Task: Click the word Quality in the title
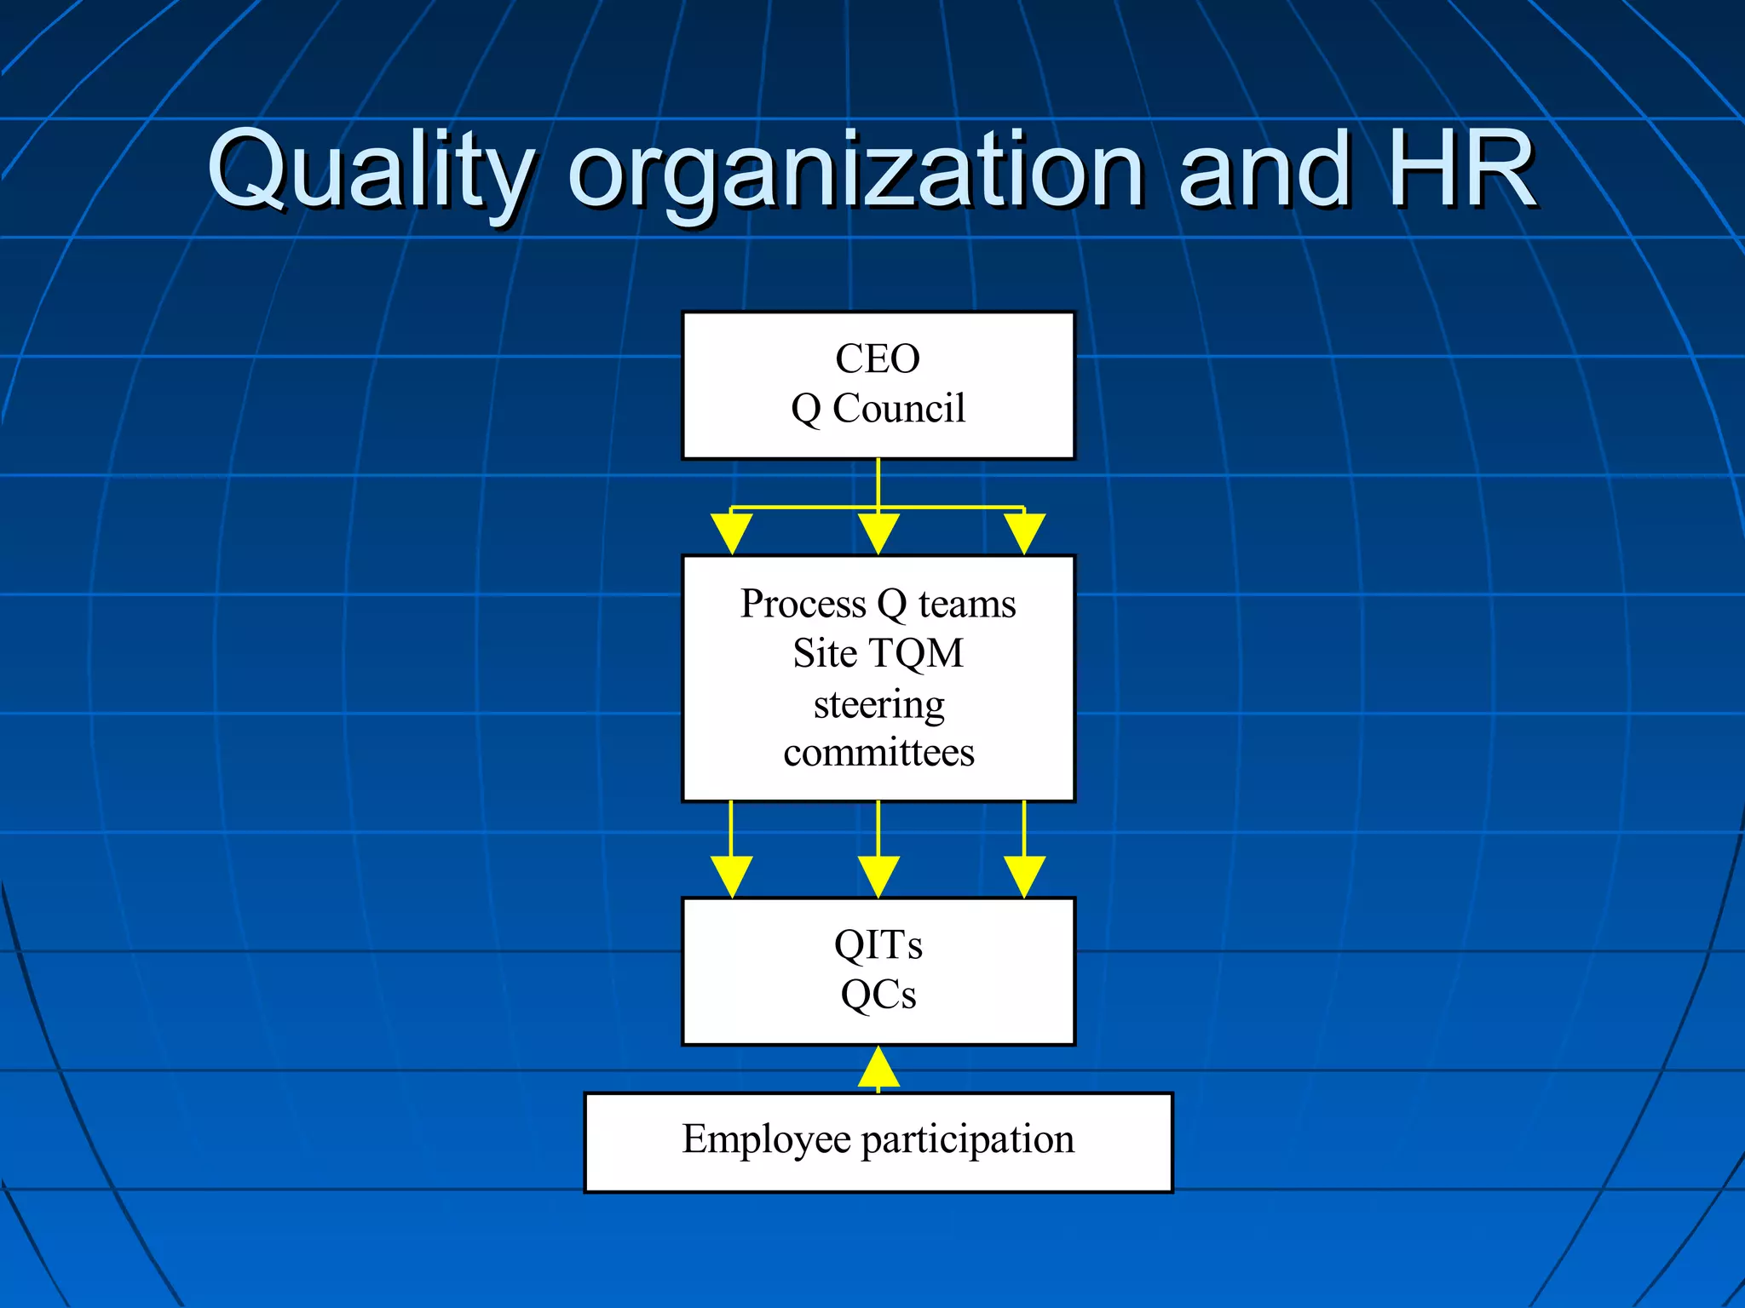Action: [371, 170]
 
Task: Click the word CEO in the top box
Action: [878, 359]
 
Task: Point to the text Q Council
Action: [878, 409]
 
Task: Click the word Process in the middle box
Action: [803, 604]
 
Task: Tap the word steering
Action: [878, 704]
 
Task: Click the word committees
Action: [878, 753]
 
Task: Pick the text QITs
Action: [878, 944]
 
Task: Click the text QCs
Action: [878, 995]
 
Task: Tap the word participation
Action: [968, 1139]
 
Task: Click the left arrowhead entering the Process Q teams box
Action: [731, 533]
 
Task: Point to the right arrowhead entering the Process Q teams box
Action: [1024, 533]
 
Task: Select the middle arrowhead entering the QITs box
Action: [878, 876]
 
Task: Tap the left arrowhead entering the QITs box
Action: [731, 876]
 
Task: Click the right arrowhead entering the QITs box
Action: [1024, 876]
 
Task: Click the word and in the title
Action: [1264, 170]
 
